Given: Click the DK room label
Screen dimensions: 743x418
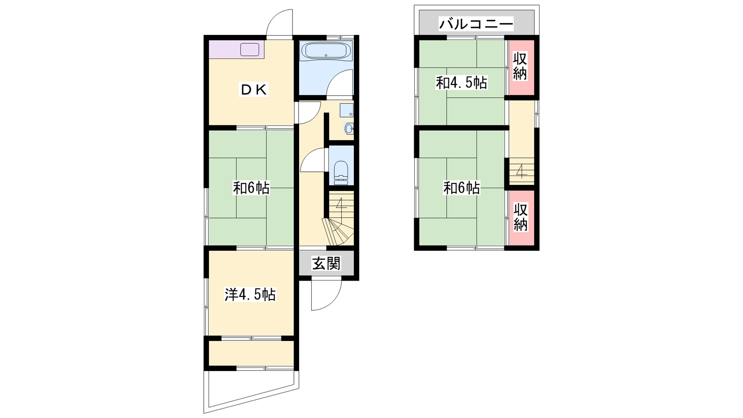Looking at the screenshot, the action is click(254, 90).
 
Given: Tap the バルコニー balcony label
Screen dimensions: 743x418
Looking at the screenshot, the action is click(476, 24).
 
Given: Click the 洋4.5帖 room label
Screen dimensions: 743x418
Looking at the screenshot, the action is click(250, 294).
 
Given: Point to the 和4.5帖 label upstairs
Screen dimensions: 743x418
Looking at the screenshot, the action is click(462, 83).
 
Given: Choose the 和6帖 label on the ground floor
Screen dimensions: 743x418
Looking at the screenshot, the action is click(251, 188).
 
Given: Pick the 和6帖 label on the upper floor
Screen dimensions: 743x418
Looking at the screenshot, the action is click(462, 188).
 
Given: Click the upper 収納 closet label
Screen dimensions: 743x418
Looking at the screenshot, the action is click(520, 66).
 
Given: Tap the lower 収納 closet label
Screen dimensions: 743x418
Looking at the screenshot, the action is click(521, 217).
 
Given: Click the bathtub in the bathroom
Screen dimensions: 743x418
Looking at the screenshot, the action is click(326, 51).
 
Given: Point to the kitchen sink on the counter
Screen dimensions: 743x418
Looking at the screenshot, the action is click(249, 50).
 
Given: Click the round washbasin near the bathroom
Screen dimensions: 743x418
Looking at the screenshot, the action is click(349, 129).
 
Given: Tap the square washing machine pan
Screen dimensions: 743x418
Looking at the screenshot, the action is click(346, 110).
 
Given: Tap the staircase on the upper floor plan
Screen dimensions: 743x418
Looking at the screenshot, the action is click(521, 171).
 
